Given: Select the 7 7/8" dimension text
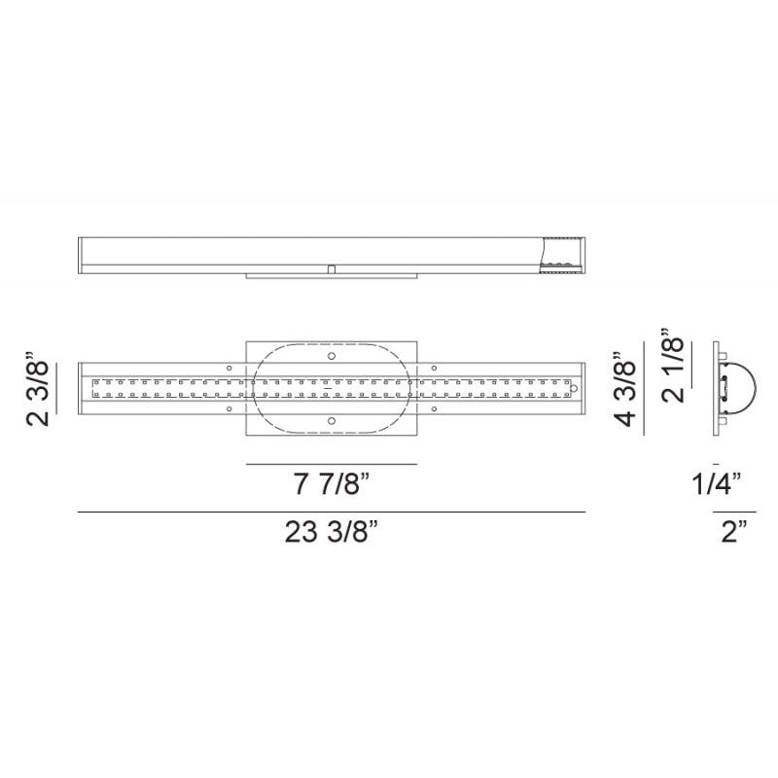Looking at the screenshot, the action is (332, 483).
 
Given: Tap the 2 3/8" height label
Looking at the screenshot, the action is (38, 388).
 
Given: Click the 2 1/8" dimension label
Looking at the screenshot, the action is (672, 365).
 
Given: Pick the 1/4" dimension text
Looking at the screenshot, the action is (717, 483).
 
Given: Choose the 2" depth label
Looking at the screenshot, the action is (734, 531).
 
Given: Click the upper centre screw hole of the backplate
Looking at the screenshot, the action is (332, 356).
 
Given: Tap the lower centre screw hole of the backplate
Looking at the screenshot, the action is (332, 421).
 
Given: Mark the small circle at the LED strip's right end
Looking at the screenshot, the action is (574, 388).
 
